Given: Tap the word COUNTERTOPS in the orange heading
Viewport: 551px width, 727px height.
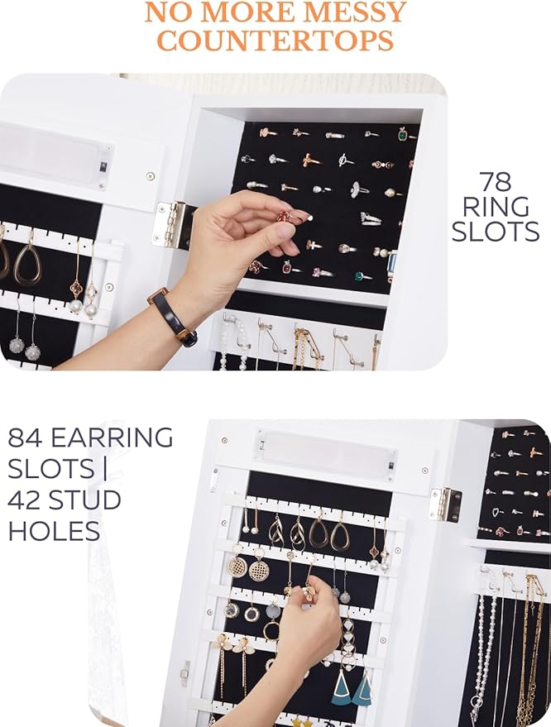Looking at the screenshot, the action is [x=275, y=41].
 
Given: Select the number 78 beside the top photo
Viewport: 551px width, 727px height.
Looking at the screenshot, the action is [x=496, y=182].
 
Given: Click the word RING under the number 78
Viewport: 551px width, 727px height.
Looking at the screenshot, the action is [x=496, y=207].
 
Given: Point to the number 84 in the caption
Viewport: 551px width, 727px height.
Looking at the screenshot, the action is [x=26, y=438].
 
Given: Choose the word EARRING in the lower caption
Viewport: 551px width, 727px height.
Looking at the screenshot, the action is [x=112, y=438].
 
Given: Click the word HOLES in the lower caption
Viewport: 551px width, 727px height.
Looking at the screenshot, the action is [x=54, y=530].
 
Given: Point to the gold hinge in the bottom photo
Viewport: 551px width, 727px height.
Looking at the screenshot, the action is [x=445, y=505].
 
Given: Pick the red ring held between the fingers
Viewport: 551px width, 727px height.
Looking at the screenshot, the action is [x=284, y=216].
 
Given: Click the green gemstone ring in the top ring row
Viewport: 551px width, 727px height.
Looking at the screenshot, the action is [x=404, y=136].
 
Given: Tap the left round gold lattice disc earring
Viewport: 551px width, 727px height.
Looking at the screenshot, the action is [x=237, y=567].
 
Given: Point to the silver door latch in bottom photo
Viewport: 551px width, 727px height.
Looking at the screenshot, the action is [x=185, y=674].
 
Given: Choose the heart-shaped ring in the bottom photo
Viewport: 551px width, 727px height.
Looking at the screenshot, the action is [x=496, y=512].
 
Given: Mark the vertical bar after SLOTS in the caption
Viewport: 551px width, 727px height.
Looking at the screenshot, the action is [x=105, y=469].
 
